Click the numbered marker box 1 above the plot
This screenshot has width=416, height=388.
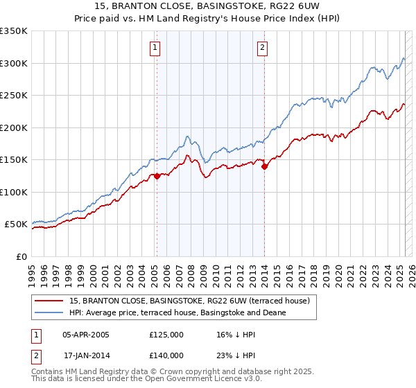[x=154, y=48]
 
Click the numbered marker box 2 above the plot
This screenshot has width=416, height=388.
[x=263, y=48]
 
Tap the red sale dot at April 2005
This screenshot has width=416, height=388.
[x=157, y=176]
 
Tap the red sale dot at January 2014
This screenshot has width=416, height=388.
[x=264, y=166]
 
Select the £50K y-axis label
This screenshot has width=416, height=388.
[x=17, y=224]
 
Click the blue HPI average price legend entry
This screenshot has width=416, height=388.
[x=187, y=312]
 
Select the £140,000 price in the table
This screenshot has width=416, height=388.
[x=166, y=355]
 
